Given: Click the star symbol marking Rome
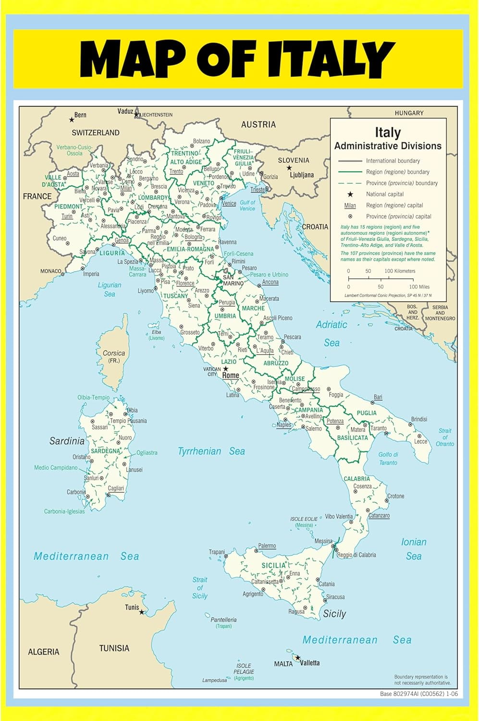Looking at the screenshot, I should point(225,369).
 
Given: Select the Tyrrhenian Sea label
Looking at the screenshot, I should point(211,451).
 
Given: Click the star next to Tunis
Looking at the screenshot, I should point(141,612).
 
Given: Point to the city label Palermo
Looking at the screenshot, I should point(267,546).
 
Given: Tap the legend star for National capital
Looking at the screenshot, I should point(350,194).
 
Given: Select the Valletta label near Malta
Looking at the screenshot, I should point(310,663).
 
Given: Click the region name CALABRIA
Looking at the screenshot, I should point(356,479).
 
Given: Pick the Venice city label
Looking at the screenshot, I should point(229,203).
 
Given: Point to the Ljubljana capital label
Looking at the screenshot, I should point(301,175).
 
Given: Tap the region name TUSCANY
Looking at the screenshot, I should point(176,296).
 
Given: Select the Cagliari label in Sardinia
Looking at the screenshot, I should point(116,488).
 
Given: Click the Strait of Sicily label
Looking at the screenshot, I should point(200,588).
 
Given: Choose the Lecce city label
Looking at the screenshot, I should point(420,441).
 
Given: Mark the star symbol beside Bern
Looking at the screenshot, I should point(72,119).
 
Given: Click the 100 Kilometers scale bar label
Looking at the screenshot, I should point(400,271).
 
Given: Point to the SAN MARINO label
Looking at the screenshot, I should point(233,280).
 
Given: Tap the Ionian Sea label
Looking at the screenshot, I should point(414,549).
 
